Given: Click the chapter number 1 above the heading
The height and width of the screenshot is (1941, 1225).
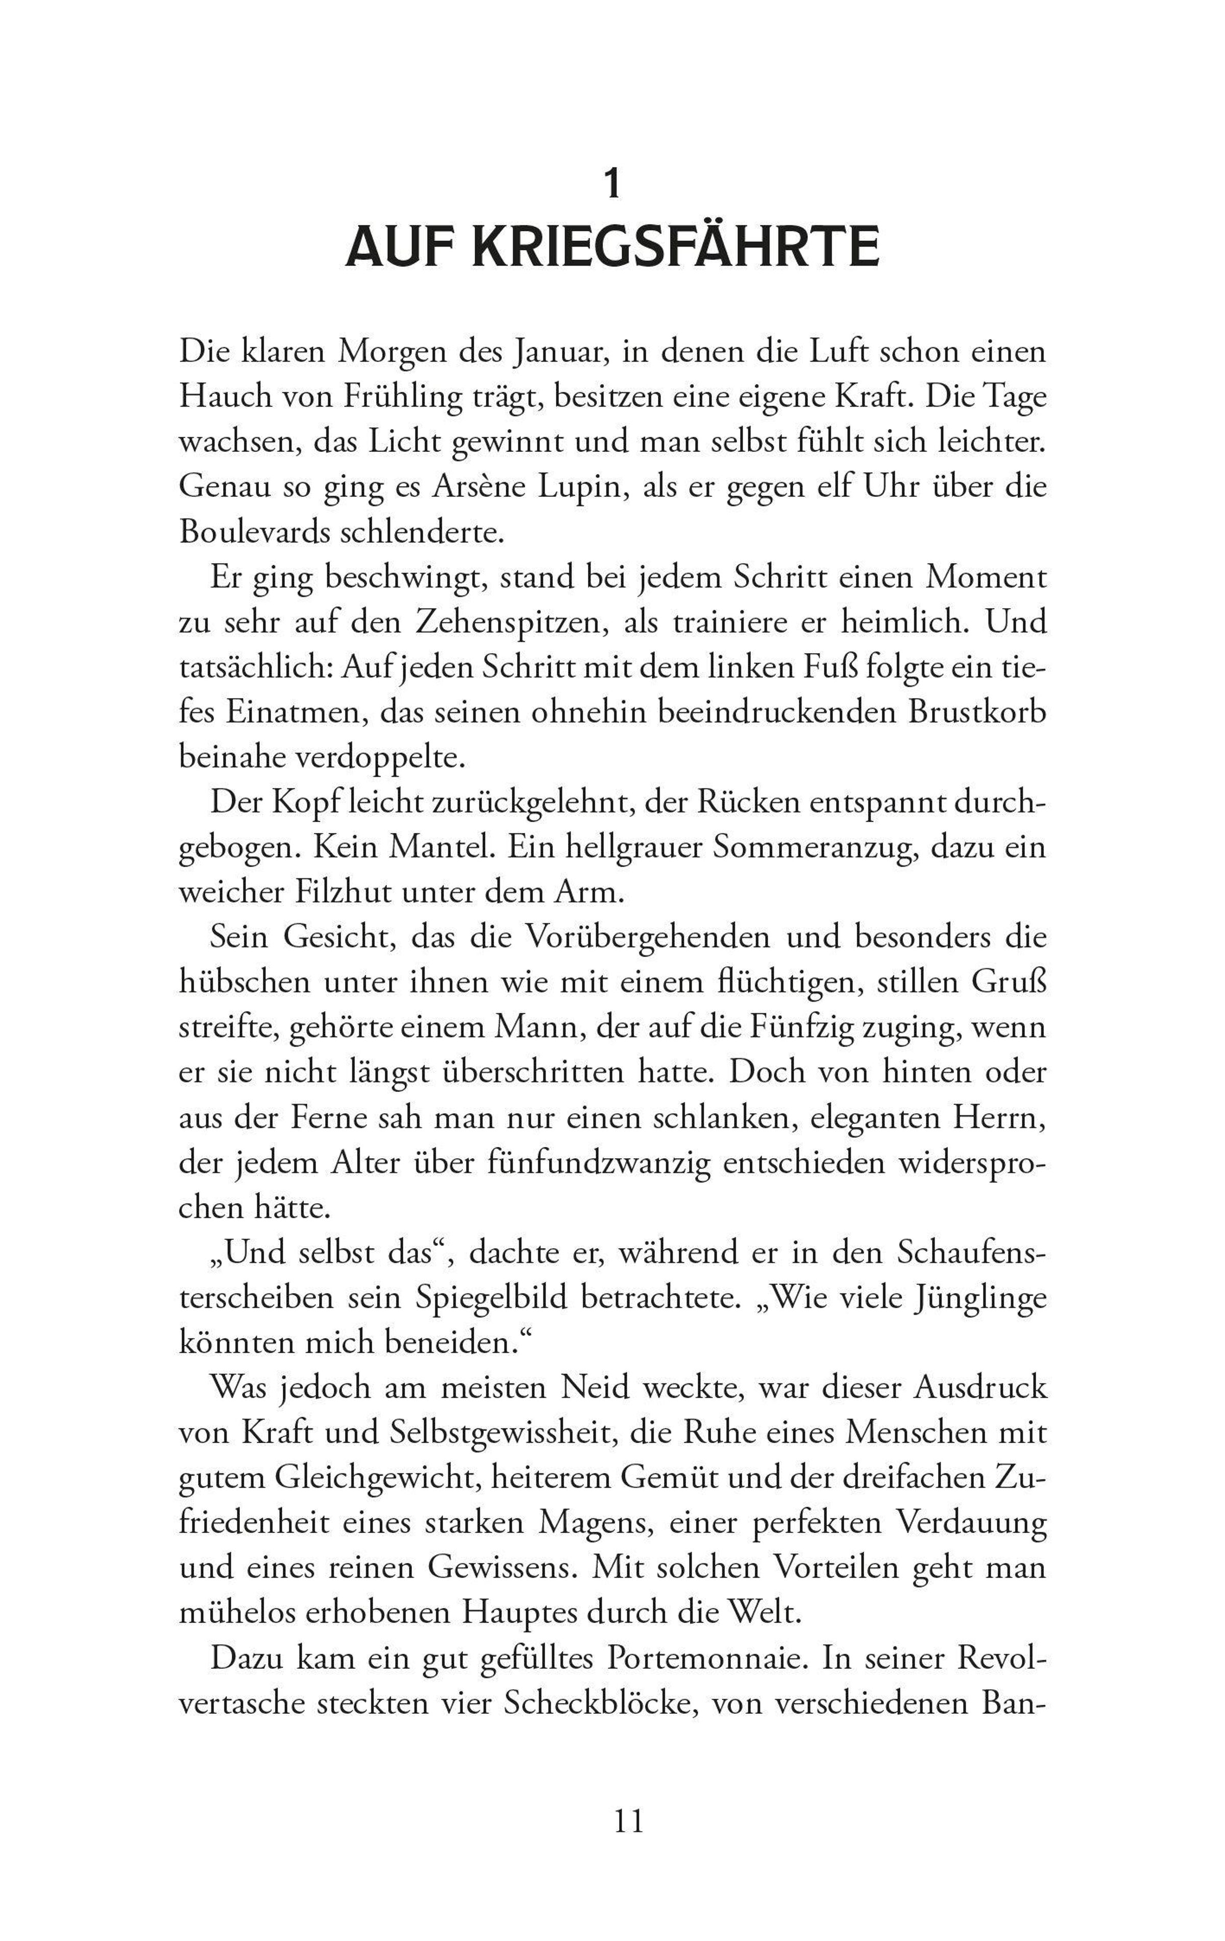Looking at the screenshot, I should click(612, 184).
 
